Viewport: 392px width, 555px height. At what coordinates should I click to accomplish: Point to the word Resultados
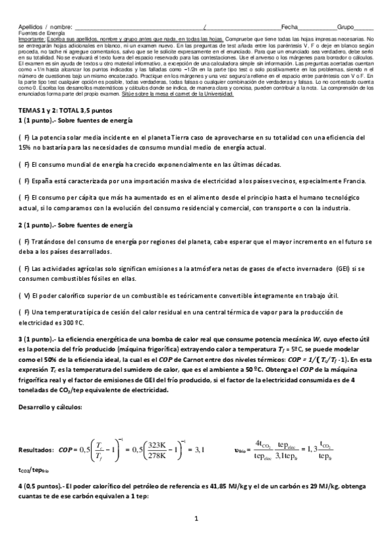tap(35, 450)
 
